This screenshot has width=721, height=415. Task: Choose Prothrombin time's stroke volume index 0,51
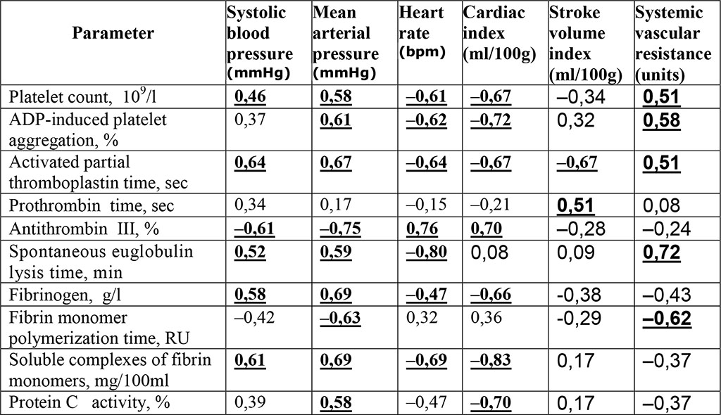tap(575, 207)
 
